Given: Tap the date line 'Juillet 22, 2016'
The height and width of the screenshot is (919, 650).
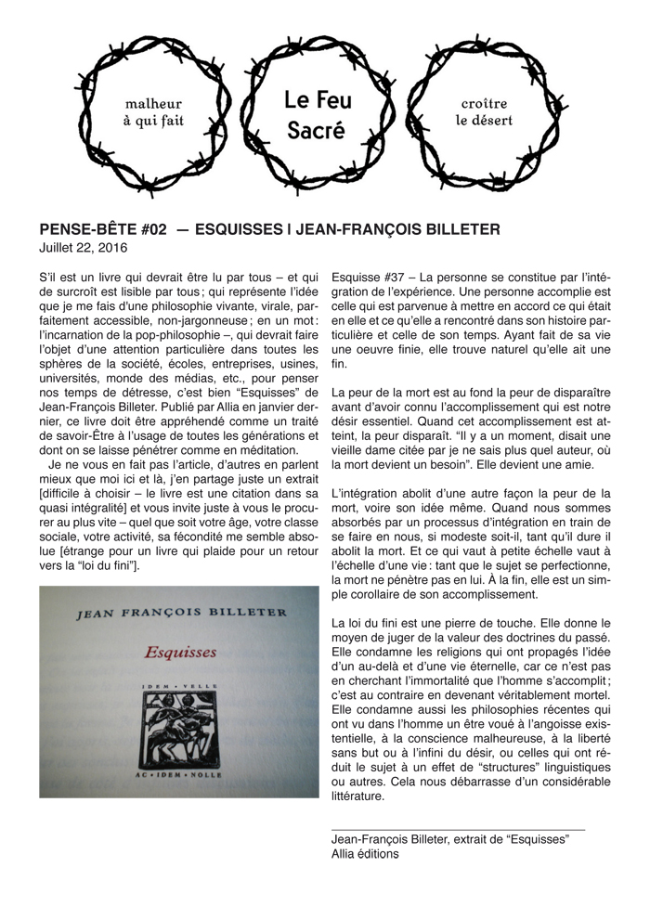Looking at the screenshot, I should [84, 248].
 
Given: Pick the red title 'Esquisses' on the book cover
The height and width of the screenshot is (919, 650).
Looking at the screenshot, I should [180, 652].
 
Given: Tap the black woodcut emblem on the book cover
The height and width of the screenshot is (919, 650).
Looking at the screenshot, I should [179, 720].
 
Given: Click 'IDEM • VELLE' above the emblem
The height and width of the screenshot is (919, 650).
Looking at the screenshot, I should [180, 684].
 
